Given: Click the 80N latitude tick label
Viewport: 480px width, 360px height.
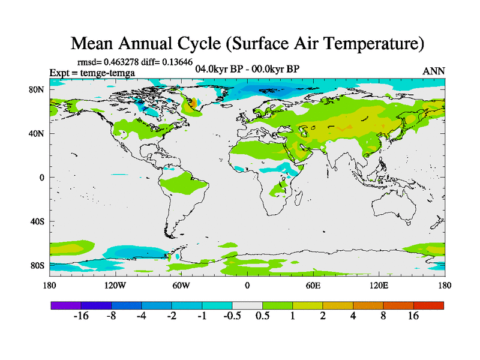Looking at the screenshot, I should coord(39,89).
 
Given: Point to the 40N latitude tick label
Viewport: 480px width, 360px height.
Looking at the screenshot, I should coord(39,133).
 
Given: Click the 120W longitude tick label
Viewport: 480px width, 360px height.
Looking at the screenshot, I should coord(115,285).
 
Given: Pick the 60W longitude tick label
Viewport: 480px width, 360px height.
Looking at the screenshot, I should coord(181,285).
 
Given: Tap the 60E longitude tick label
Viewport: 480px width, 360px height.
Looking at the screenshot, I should coord(313,285).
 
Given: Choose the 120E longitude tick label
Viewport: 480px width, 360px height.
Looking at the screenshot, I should coord(379,285).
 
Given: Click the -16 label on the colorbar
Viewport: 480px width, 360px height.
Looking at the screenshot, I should coord(80,316).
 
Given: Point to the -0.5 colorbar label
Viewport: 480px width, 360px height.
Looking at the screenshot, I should coord(232,316).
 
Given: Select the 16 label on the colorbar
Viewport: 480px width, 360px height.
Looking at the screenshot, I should coord(413,316).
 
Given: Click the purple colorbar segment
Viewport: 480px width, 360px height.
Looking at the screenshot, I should coord(66,305).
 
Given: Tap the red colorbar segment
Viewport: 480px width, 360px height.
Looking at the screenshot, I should coord(428,305).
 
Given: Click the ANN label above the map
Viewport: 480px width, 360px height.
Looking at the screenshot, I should coord(434,71).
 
